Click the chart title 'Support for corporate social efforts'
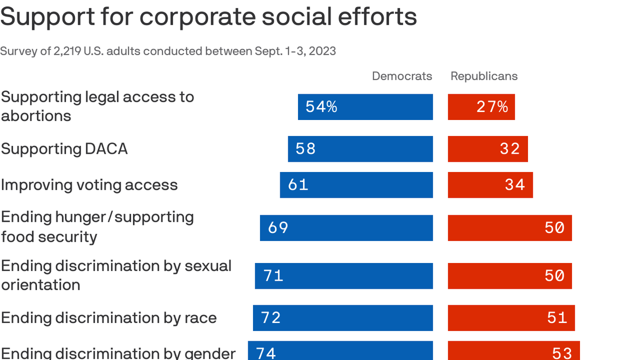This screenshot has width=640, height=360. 208,16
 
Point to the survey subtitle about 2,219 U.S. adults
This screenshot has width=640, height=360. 168,51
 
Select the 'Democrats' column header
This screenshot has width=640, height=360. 402,76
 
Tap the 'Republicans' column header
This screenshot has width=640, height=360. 484,76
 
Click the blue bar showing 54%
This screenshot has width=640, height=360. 365,107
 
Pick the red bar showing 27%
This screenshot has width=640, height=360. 481,107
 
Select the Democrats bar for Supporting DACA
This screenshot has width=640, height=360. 360,149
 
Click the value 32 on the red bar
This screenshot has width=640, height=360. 510,149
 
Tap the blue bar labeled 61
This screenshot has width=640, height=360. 356,185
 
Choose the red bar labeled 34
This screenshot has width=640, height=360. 490,185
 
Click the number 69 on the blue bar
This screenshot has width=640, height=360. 278,228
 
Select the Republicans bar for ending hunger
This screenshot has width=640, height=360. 510,228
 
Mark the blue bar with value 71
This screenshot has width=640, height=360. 344,276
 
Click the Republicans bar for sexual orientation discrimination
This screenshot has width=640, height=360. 510,276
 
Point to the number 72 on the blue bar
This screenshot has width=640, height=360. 271,318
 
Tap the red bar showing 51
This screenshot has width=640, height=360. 511,318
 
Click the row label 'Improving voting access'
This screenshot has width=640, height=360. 89,185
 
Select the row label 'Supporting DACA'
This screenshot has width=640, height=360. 64,149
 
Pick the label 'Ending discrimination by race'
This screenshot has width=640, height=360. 109,318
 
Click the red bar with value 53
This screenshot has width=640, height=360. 513,351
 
